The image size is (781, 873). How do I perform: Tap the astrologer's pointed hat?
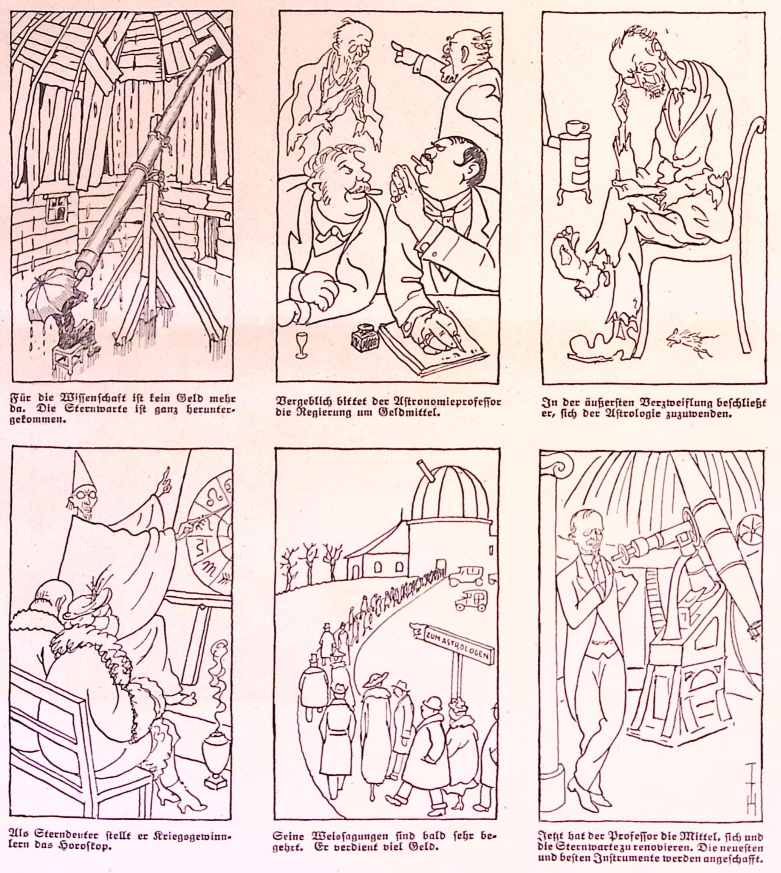pos(82,472)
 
